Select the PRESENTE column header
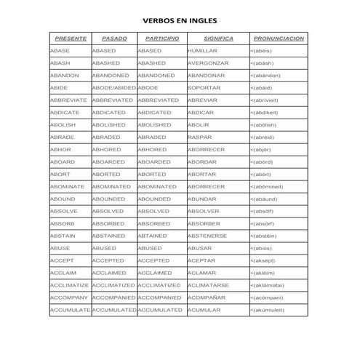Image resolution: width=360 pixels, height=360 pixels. pyautogui.click(x=69, y=38)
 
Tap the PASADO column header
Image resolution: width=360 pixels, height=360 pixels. pyautogui.click(x=113, y=38)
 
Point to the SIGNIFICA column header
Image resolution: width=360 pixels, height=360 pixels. pyautogui.click(x=218, y=38)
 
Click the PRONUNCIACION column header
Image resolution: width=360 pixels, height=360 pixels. pyautogui.click(x=278, y=38)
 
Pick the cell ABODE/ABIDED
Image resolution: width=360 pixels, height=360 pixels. pyautogui.click(x=113, y=88)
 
